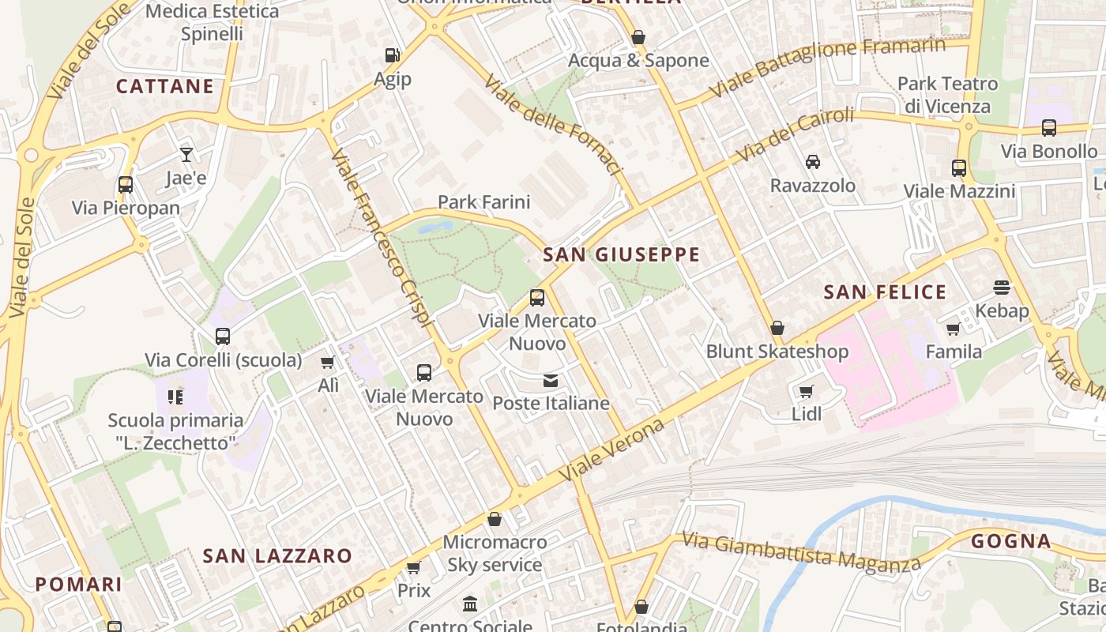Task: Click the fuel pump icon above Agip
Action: [392, 55]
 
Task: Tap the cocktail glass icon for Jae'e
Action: [186, 154]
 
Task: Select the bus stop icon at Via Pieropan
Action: [125, 185]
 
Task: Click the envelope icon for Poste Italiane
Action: [551, 381]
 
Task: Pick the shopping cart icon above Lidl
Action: [806, 391]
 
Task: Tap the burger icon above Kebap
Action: [1002, 287]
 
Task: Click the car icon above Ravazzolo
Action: [812, 162]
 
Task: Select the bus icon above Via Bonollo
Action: [1048, 128]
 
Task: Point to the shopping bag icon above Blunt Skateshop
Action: [777, 328]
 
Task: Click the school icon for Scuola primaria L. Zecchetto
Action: [175, 397]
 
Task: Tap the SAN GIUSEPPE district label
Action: [622, 254]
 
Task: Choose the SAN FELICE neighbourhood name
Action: [885, 292]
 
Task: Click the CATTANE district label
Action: [165, 86]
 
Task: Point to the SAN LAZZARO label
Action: [277, 555]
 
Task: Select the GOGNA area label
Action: [1011, 541]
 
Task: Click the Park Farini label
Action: [483, 202]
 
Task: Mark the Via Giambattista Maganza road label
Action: [801, 551]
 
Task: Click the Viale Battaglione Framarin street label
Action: [827, 68]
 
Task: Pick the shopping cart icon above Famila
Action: [954, 329]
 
